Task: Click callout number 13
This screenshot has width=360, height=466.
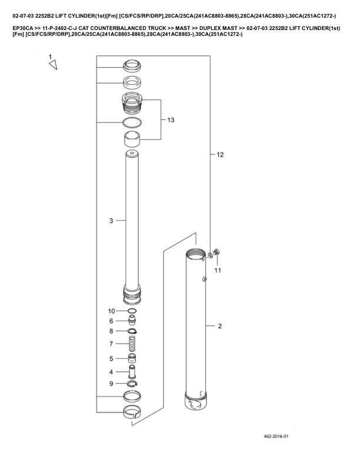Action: point(171,120)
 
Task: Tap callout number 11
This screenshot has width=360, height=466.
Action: point(218,270)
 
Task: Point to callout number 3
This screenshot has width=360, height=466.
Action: point(111,221)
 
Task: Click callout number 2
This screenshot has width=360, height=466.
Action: point(219,326)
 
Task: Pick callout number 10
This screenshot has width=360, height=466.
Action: point(112,311)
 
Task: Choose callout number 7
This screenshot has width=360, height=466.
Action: point(111,344)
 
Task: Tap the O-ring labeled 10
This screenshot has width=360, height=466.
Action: point(132,311)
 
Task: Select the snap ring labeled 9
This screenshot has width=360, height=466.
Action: point(133,384)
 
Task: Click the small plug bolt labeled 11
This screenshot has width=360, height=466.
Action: point(216,253)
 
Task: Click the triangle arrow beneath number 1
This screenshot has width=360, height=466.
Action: point(52,67)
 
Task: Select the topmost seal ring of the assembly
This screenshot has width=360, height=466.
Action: point(132,65)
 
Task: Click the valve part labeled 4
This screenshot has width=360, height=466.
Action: point(132,372)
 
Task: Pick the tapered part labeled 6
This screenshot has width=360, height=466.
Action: point(132,320)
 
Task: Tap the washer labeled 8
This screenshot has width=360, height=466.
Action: point(132,331)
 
